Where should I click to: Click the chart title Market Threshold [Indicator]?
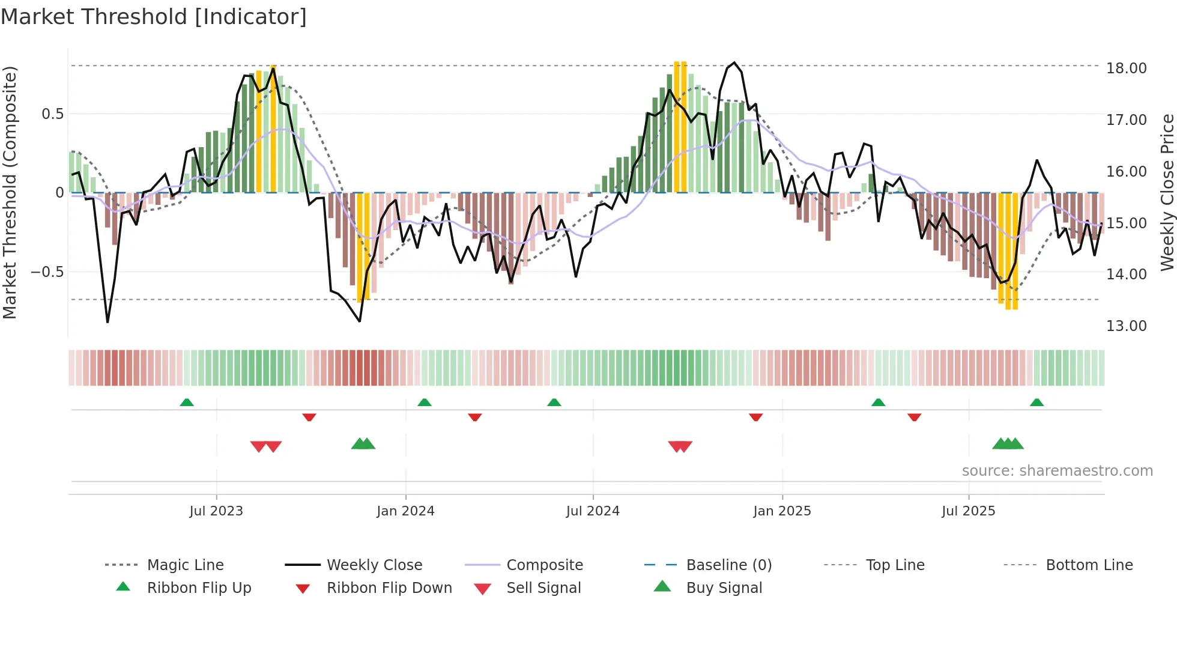154,17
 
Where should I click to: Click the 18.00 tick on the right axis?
1126,68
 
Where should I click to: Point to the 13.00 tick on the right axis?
1126,326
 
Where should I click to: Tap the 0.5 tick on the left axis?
52,114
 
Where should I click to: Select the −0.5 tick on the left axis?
47,272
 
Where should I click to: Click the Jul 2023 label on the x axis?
216,511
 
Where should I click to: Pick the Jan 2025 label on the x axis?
782,511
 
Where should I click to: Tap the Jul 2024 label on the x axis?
593,511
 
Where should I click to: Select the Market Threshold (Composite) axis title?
10,192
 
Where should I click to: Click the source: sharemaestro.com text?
1057,471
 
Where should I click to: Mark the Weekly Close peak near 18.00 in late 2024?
734,62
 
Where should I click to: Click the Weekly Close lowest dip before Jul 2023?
107,322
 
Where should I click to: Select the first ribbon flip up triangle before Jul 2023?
187,402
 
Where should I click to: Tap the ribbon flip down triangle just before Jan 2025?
755,417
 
